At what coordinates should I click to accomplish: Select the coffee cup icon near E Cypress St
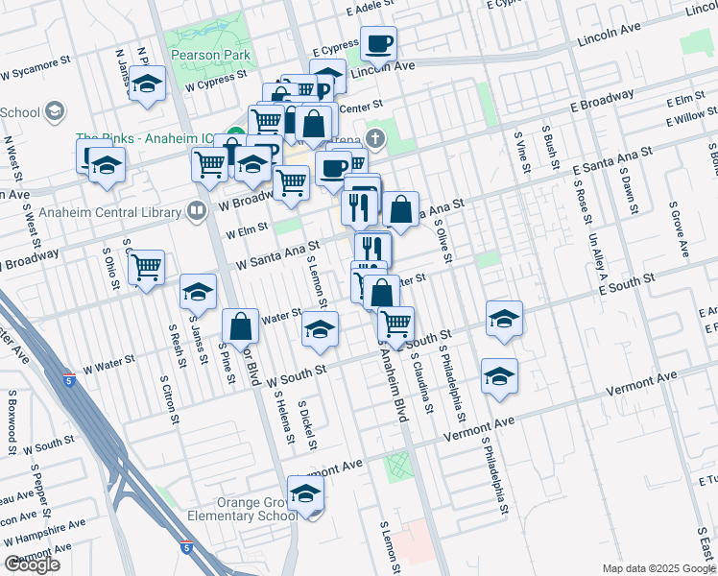coord(378,42)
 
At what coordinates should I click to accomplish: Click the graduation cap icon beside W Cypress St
coord(148,85)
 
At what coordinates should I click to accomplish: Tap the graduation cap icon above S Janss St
coord(199,292)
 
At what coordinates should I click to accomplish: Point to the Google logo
coord(33,564)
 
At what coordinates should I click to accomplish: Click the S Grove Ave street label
coord(680,230)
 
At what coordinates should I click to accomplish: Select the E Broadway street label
coord(602,99)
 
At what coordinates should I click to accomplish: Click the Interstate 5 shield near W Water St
coord(68,379)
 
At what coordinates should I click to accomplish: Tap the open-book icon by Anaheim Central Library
coord(197,209)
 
